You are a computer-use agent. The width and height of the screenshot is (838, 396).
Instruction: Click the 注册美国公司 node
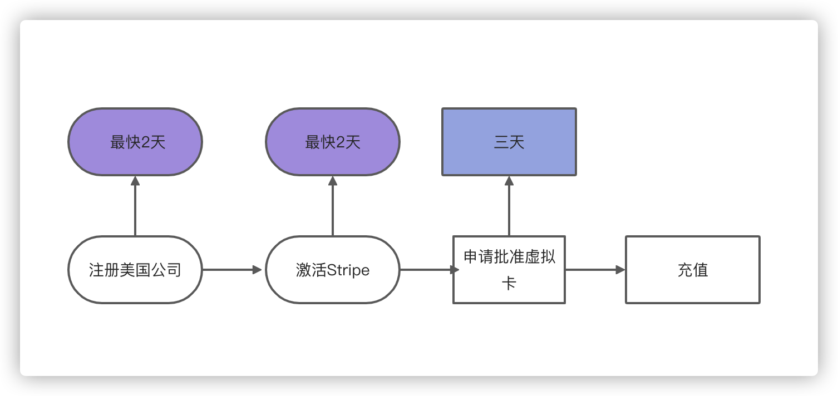coord(135,270)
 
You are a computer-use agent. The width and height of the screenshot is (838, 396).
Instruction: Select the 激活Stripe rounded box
coord(333,270)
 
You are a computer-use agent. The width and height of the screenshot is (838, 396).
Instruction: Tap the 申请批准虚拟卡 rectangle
coord(509,270)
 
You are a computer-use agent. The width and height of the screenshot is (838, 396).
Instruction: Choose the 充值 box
coord(693,270)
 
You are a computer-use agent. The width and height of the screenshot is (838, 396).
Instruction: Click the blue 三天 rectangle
coord(509,142)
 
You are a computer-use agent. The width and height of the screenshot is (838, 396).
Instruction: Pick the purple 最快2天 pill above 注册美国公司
coord(135,142)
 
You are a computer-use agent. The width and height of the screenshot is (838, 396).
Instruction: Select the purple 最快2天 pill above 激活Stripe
coord(333,142)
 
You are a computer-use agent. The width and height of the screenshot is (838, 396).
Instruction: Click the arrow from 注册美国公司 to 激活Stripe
coord(231,270)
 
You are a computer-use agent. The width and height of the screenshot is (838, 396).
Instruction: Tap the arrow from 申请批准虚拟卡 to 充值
coord(594,270)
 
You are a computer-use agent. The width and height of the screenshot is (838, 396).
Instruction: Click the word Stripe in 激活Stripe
coord(348,270)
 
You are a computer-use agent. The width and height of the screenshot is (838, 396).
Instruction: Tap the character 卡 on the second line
coord(509,284)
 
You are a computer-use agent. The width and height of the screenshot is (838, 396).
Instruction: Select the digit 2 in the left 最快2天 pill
coord(146,143)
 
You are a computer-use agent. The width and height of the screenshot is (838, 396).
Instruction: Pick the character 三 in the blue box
coord(501,143)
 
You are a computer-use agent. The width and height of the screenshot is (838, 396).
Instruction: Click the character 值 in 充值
coord(701,270)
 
